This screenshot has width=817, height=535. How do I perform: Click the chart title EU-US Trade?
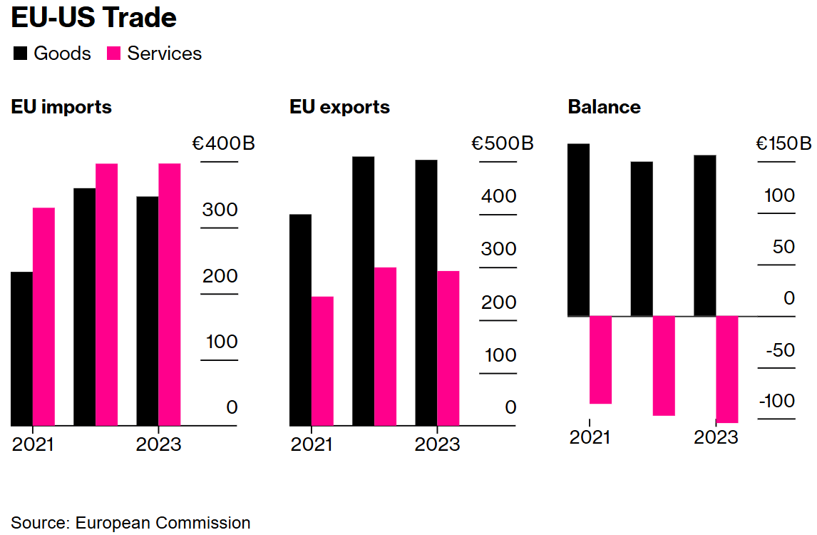click(x=93, y=18)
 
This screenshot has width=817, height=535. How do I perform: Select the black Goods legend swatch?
click(x=21, y=53)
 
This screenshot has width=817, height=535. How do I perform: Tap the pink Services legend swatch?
click(x=114, y=53)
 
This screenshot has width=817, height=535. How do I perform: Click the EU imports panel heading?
click(x=61, y=107)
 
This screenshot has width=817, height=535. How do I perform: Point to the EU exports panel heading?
click(x=339, y=107)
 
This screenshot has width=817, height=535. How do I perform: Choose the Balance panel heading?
click(x=604, y=107)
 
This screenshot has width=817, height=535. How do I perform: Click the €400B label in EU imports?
click(x=223, y=144)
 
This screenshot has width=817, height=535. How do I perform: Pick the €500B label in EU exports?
click(x=502, y=144)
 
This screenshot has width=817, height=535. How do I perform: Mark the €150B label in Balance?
click(x=783, y=144)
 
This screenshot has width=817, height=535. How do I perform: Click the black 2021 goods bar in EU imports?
click(x=21, y=349)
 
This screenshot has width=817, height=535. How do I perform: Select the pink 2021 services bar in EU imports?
click(x=43, y=317)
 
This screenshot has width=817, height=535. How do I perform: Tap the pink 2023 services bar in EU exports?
click(x=448, y=348)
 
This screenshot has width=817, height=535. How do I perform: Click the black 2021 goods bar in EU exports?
click(x=300, y=320)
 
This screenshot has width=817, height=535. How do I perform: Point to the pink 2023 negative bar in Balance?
click(x=726, y=370)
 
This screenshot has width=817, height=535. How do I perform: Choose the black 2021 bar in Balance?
click(x=578, y=230)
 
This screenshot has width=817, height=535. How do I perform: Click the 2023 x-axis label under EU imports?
click(x=158, y=444)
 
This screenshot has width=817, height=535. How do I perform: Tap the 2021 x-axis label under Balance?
click(x=590, y=437)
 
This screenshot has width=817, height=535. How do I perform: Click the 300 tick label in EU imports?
click(x=220, y=210)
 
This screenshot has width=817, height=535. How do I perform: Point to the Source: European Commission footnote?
click(x=130, y=523)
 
